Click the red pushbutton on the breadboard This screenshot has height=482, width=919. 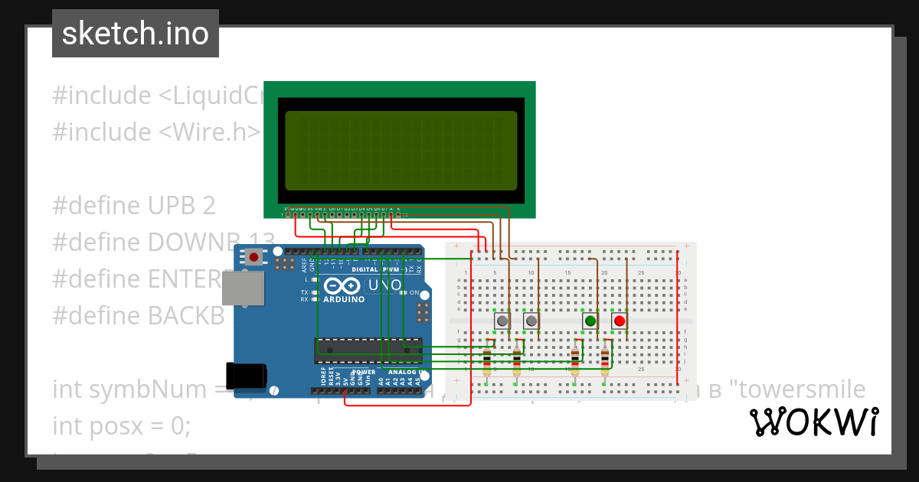tap(619, 321)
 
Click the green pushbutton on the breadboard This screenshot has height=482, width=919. tap(590, 321)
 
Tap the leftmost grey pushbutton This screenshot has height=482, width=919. tap(502, 321)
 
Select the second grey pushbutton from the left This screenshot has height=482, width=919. tap(531, 321)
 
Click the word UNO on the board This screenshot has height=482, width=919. tap(385, 285)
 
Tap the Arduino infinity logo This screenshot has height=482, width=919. tap(342, 285)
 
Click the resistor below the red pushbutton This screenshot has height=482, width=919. tap(605, 357)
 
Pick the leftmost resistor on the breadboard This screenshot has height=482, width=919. tap(487, 357)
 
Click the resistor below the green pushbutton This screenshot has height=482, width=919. tap(575, 357)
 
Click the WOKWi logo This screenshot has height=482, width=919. tap(813, 422)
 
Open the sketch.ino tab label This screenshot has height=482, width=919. tap(136, 34)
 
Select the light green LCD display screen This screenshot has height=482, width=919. tap(401, 151)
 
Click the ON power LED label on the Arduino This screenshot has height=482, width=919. tap(414, 293)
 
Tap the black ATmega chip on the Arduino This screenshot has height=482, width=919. tap(368, 349)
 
